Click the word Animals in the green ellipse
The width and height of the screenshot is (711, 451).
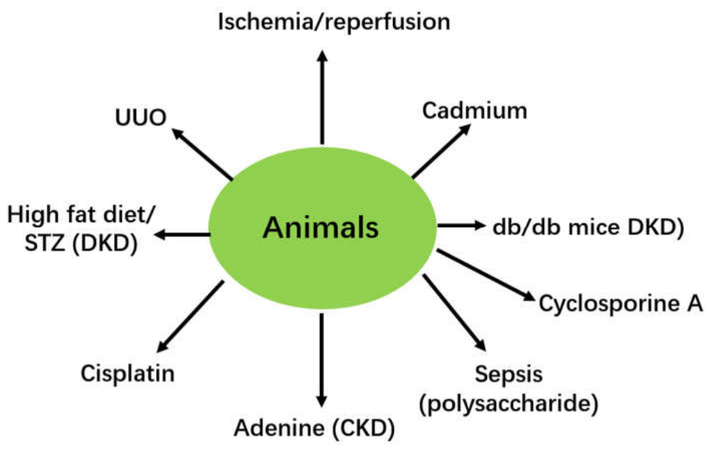(321, 228)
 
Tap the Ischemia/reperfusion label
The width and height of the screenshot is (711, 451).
(334, 22)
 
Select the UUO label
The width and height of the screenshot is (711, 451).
(141, 118)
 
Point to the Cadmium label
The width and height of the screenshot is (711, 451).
(474, 111)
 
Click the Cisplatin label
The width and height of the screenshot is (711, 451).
(127, 374)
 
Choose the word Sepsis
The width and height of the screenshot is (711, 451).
(509, 375)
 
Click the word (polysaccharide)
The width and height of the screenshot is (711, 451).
(509, 404)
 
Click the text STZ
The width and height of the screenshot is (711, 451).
(44, 243)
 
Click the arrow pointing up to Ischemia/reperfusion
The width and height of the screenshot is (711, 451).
(322, 97)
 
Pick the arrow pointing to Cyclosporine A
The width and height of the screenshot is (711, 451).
(486, 275)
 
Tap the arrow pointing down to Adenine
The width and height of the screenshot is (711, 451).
(321, 361)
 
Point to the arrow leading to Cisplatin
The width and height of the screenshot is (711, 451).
(190, 317)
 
